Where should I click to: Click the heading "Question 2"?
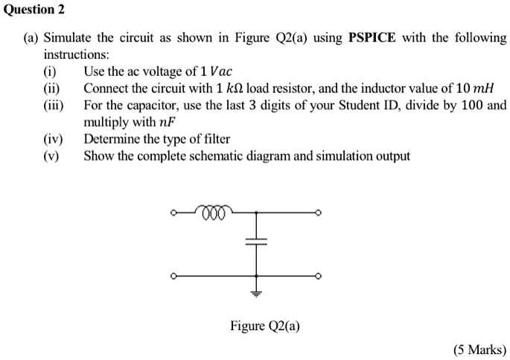click(34, 9)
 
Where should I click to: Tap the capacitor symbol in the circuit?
click(256, 242)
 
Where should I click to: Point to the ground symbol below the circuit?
click(256, 292)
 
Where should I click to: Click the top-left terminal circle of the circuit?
click(173, 213)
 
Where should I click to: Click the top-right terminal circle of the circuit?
click(318, 213)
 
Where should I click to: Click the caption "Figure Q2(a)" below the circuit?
click(265, 326)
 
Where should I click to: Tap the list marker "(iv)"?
click(53, 138)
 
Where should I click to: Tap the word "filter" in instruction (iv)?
click(214, 138)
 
